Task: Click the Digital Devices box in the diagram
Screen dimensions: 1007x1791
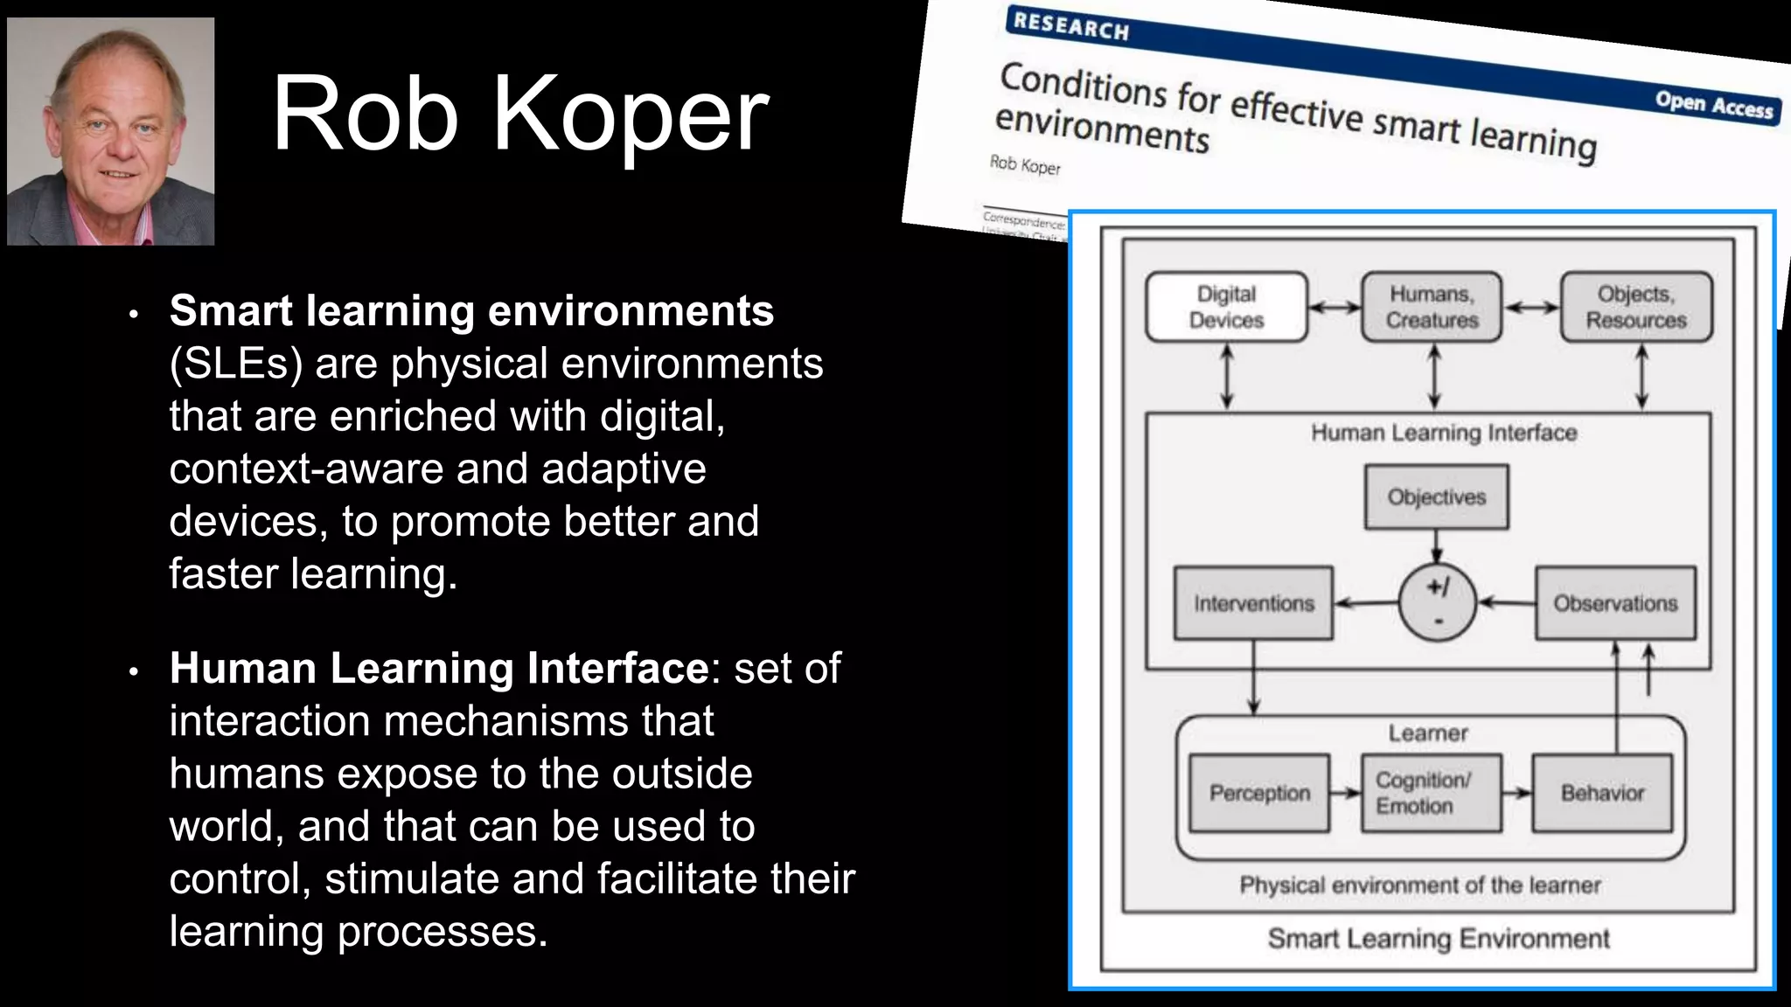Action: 1226,307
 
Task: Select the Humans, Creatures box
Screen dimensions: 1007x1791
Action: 1432,307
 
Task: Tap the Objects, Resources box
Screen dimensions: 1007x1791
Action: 1635,307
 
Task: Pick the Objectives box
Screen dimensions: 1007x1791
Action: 1436,497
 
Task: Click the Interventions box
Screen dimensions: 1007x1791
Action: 1253,603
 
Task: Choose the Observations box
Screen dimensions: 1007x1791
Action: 1615,603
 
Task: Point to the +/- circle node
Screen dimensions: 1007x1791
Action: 1437,603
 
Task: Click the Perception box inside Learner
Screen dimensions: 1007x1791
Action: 1259,793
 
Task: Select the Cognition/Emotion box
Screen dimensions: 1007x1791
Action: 1431,793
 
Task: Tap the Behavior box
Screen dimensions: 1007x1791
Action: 1602,793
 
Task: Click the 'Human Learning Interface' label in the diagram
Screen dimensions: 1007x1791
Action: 1444,433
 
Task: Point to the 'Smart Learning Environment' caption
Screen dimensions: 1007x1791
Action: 1439,939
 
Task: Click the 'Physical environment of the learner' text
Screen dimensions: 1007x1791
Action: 1420,885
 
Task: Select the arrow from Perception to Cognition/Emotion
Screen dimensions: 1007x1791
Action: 1345,793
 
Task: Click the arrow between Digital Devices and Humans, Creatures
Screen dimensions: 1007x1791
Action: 1335,307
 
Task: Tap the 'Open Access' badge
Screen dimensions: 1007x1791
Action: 1713,106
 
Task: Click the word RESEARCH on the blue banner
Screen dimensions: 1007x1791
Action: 1070,26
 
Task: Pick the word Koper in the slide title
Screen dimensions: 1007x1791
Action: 631,115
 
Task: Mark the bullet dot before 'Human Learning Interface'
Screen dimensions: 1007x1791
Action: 134,671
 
